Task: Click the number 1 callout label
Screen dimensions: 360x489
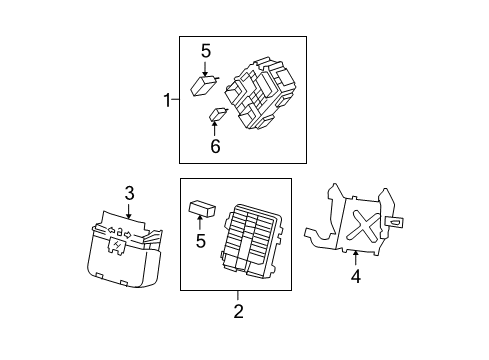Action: (167, 99)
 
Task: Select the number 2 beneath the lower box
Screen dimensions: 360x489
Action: (238, 311)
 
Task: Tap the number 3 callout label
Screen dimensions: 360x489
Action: (129, 193)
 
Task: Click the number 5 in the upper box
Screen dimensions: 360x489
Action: (206, 51)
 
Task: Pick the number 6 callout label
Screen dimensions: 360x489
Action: (213, 146)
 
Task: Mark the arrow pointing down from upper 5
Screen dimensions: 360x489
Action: (206, 69)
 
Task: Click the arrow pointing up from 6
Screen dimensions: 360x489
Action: (213, 130)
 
